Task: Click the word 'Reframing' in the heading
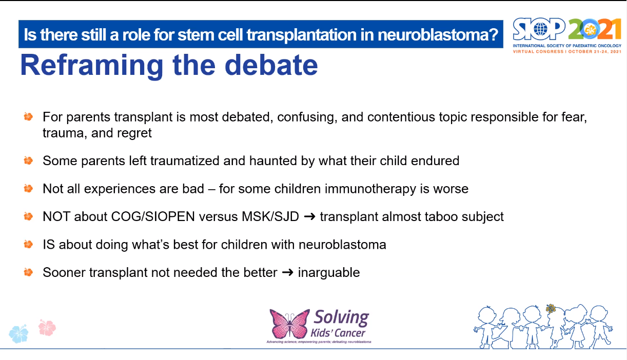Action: (x=91, y=66)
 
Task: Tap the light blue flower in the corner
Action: (x=18, y=333)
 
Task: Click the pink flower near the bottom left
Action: (x=47, y=327)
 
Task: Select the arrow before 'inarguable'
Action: (x=287, y=272)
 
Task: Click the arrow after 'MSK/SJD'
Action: (x=309, y=216)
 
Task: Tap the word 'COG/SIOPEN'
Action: (x=153, y=216)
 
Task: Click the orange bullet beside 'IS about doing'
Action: (x=28, y=244)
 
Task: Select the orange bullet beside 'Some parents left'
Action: (x=28, y=161)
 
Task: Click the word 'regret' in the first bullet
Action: (x=134, y=133)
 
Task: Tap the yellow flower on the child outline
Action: (x=551, y=309)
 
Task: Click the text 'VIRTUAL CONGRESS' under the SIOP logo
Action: (x=538, y=51)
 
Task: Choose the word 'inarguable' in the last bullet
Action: (x=329, y=273)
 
